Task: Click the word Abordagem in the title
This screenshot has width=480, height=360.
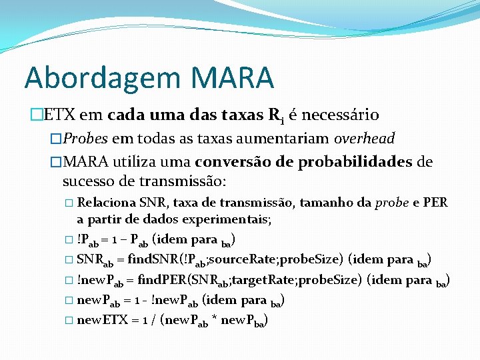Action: point(101,79)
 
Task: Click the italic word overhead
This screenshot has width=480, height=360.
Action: point(364,139)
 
